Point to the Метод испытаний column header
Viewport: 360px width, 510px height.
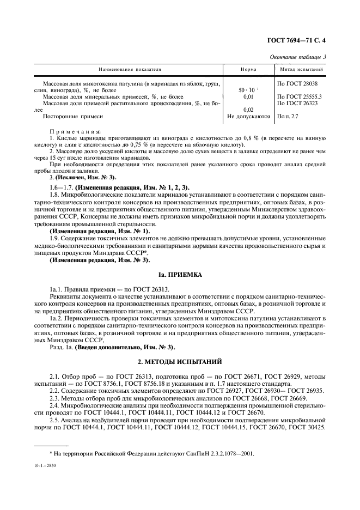[x=302, y=70]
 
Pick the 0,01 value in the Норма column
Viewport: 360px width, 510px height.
[x=248, y=96]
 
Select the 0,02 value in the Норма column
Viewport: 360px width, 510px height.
[x=248, y=110]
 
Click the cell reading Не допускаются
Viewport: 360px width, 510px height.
[x=248, y=117]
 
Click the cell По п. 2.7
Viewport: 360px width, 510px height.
[x=289, y=117]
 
